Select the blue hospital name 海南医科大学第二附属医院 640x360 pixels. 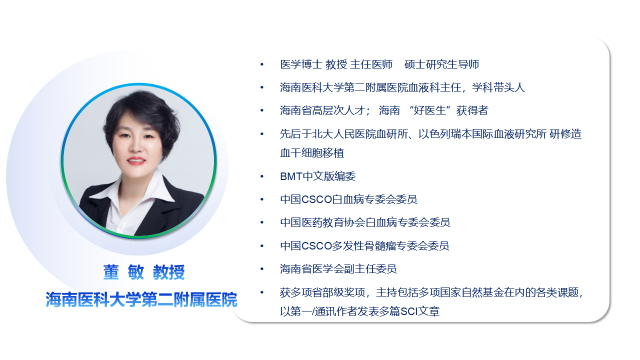point(141,299)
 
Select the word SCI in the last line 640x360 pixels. point(402,311)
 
